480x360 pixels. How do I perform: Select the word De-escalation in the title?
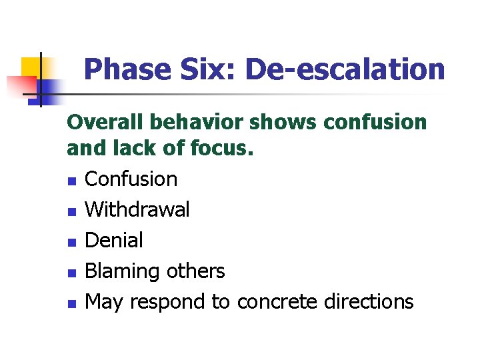tap(345, 69)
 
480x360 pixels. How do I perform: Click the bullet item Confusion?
tap(131, 179)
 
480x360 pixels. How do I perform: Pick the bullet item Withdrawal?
tap(138, 209)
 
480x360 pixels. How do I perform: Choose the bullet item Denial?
tap(114, 240)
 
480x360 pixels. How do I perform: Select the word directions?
tap(369, 302)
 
